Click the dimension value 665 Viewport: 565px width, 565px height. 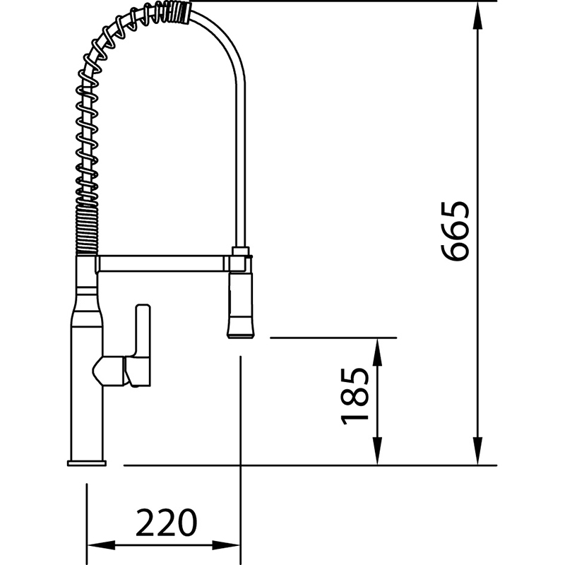(456, 231)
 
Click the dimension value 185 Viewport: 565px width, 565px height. (355, 396)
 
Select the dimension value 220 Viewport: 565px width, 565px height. (167, 522)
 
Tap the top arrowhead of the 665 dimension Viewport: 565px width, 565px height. (477, 16)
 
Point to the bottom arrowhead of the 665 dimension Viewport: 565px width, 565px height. (477, 451)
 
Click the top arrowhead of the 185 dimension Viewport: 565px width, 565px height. (377, 352)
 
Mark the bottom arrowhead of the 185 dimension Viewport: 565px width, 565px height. (377, 451)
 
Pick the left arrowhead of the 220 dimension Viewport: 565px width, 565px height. (102, 545)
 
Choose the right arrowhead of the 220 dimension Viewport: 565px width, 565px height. (226, 545)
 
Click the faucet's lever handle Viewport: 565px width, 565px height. (143, 345)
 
